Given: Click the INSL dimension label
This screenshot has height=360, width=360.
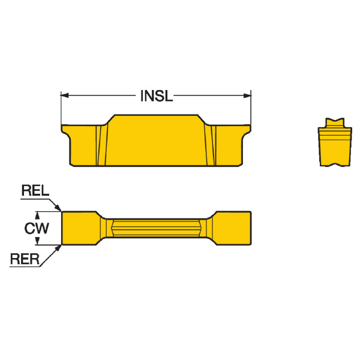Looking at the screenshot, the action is [x=157, y=96].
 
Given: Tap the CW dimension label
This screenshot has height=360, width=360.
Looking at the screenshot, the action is [x=37, y=229].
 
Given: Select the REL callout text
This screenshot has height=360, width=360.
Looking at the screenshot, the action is [x=35, y=191].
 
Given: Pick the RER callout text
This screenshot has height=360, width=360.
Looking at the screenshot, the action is [x=25, y=259].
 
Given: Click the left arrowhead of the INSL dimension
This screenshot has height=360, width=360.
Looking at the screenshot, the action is [x=65, y=95].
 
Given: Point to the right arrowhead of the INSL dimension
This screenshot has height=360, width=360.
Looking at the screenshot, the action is [x=247, y=95].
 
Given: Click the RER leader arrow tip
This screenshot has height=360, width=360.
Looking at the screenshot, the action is [x=61, y=245].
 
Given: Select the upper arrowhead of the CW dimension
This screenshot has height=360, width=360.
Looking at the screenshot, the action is [x=37, y=215].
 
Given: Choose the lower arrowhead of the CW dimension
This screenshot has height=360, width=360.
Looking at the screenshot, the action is [x=37, y=241].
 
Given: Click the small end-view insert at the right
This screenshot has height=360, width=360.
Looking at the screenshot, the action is [x=335, y=142].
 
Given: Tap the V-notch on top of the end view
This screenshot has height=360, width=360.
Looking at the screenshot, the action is [x=335, y=121].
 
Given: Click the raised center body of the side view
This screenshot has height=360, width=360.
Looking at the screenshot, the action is [x=156, y=140].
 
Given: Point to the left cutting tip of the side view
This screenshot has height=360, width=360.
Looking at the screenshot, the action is [x=62, y=126].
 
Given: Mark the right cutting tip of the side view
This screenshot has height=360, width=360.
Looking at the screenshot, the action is [x=250, y=126].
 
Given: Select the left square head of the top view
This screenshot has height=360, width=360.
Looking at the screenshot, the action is [x=79, y=228].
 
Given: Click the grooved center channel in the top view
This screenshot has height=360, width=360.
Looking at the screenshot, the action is [x=156, y=228].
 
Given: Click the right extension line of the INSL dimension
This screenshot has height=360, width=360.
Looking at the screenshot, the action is [x=251, y=107].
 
